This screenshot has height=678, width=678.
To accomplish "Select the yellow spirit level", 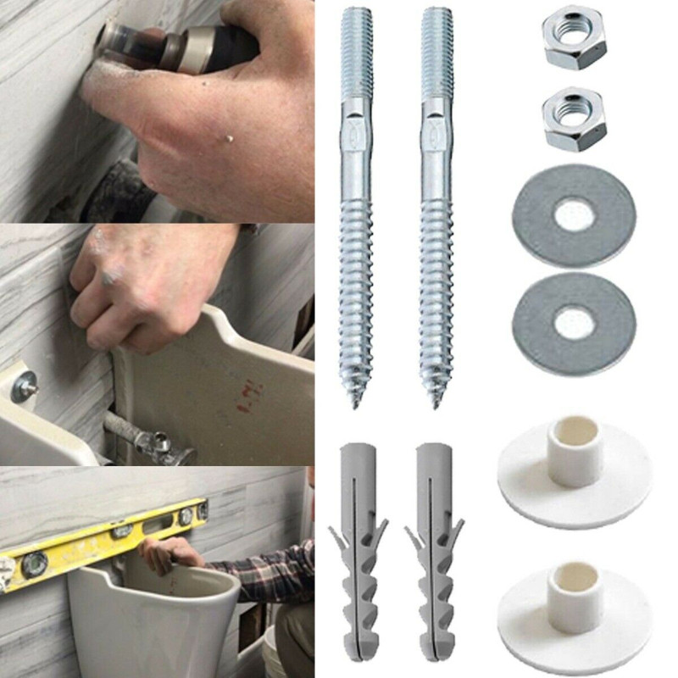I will point(102,538).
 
